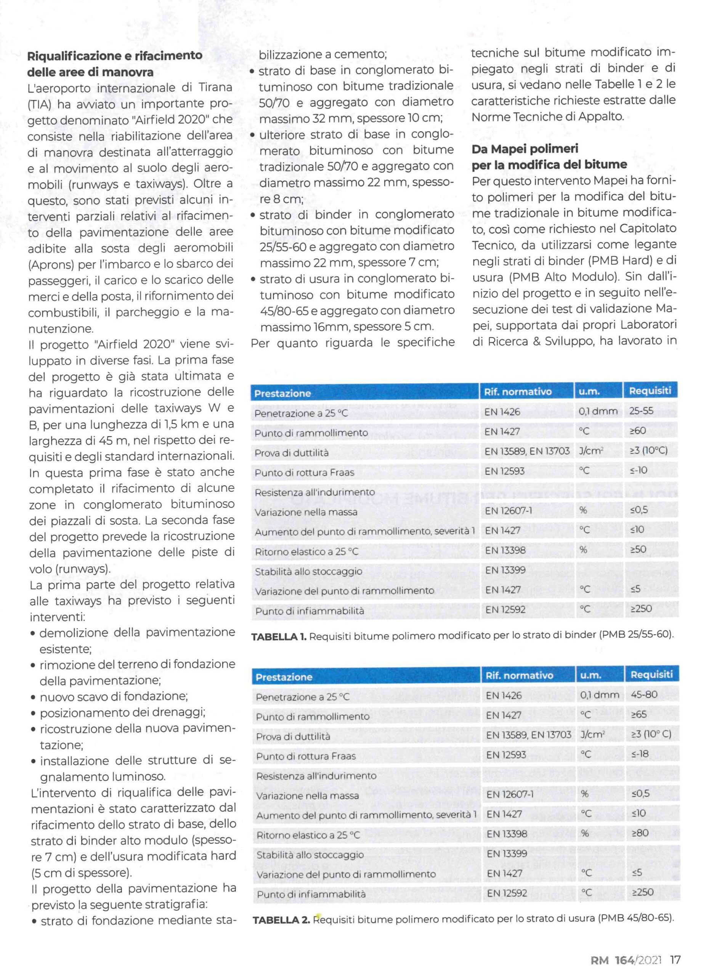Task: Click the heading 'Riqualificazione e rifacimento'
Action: point(114,56)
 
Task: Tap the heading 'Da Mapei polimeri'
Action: point(525,149)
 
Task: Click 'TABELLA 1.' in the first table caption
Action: point(278,636)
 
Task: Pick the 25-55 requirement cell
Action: point(641,411)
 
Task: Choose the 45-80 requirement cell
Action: point(643,695)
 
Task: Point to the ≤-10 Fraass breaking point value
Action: point(638,470)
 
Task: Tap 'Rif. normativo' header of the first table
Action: point(518,392)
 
